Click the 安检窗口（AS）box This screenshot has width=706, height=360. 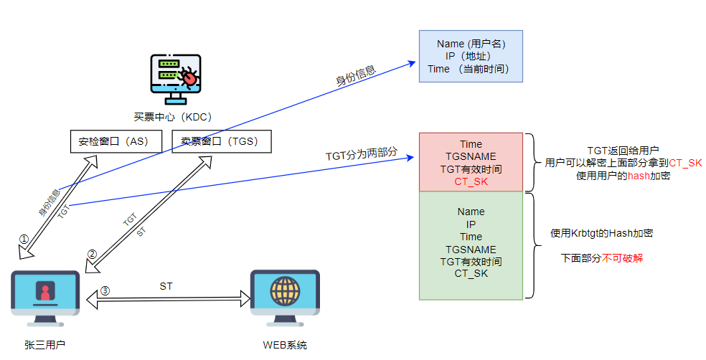pyautogui.click(x=113, y=141)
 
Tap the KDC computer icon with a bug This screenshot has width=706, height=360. pyautogui.click(x=176, y=78)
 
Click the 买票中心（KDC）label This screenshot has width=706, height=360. pyautogui.click(x=172, y=117)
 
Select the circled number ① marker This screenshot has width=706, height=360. pyautogui.click(x=24, y=239)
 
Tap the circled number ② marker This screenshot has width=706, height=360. pyautogui.click(x=92, y=254)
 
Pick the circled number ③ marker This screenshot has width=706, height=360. pyautogui.click(x=105, y=290)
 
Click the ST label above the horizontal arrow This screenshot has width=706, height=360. pyautogui.click(x=166, y=286)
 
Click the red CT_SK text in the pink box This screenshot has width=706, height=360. pyautogui.click(x=471, y=181)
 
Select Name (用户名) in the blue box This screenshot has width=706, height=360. pyautogui.click(x=471, y=44)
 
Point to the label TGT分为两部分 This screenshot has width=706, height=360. pyautogui.click(x=361, y=155)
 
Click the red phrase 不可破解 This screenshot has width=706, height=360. pyautogui.click(x=623, y=257)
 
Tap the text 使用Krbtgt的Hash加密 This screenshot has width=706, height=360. pyautogui.click(x=601, y=233)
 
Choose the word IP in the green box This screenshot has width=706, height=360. pyautogui.click(x=471, y=224)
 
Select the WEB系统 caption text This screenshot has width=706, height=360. pyautogui.click(x=285, y=345)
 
